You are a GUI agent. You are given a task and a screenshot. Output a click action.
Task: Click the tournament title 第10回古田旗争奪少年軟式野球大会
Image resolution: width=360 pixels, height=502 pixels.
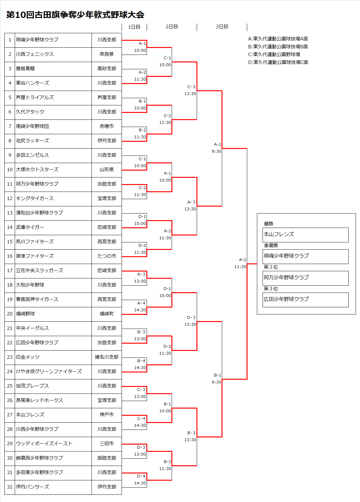pos(75,15)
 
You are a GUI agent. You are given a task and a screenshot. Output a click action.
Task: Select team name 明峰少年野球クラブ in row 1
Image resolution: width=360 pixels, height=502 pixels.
pos(37,40)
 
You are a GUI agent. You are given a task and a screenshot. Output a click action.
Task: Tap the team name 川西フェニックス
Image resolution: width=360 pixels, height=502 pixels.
pos(35,54)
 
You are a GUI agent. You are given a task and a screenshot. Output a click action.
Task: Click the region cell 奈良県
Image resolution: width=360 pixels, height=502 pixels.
pos(107,54)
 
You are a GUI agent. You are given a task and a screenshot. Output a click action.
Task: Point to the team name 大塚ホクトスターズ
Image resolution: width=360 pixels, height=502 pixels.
pos(37,170)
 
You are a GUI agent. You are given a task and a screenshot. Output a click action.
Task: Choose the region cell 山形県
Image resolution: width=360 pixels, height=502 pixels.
pos(107,170)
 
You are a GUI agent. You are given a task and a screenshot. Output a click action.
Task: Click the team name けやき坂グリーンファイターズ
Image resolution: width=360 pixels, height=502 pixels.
pos(49,372)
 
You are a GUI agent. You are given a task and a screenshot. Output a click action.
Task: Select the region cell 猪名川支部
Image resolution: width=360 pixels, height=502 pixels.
pos(107,357)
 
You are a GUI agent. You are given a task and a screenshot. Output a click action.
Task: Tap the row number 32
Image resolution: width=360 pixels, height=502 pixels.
pos(10,487)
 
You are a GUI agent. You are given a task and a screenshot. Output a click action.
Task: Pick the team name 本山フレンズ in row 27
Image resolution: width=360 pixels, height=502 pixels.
pos(30,415)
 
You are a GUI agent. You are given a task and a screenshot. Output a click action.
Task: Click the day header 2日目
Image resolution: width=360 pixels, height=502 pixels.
pos(172,27)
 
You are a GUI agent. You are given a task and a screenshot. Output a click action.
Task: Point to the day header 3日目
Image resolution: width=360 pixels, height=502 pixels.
pos(222,27)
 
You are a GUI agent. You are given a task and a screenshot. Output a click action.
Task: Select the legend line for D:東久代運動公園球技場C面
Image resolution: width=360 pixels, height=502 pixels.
pos(278,62)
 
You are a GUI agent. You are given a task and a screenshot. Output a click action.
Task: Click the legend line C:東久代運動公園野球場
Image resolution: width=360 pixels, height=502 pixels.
pos(274,55)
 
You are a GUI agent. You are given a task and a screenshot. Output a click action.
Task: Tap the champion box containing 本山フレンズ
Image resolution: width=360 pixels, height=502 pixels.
pos(305,235)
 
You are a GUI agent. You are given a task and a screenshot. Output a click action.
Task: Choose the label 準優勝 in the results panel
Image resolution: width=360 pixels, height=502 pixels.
pos(271,246)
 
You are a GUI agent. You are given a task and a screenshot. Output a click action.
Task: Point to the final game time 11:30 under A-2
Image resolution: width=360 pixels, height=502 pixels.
pos(240,267)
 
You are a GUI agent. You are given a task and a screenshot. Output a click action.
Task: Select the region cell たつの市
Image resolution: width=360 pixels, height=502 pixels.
pos(107,256)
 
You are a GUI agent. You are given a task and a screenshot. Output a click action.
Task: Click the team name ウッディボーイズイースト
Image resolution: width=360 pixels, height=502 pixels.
pos(44,444)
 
